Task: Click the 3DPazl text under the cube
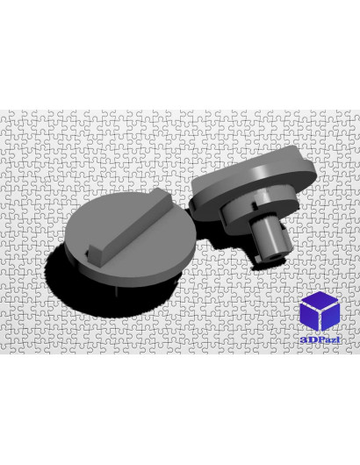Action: (320, 340)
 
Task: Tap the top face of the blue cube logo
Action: (320, 299)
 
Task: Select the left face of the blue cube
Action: (309, 317)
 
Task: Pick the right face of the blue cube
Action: (330, 317)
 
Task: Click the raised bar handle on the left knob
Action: (129, 225)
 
